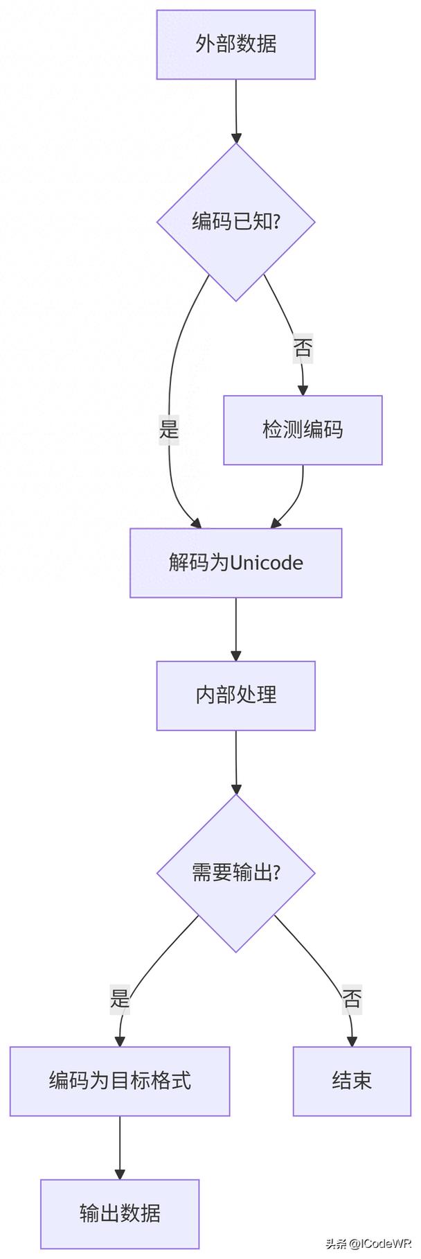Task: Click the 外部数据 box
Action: click(x=235, y=44)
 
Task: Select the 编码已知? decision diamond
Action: click(x=235, y=222)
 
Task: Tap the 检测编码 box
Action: click(x=303, y=430)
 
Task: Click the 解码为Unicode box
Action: click(x=235, y=562)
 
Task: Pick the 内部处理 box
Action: click(x=235, y=695)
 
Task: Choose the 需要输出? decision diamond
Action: click(x=235, y=872)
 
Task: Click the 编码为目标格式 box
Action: click(x=119, y=1081)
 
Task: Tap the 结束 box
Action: click(x=352, y=1081)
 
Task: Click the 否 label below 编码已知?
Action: click(x=303, y=347)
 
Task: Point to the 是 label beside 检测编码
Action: click(x=169, y=430)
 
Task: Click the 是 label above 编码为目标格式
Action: click(x=120, y=999)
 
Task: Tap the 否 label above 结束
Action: click(x=352, y=999)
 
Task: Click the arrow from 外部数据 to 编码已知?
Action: click(x=235, y=111)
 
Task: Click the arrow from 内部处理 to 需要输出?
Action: click(x=235, y=761)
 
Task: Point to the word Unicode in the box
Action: click(x=266, y=562)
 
